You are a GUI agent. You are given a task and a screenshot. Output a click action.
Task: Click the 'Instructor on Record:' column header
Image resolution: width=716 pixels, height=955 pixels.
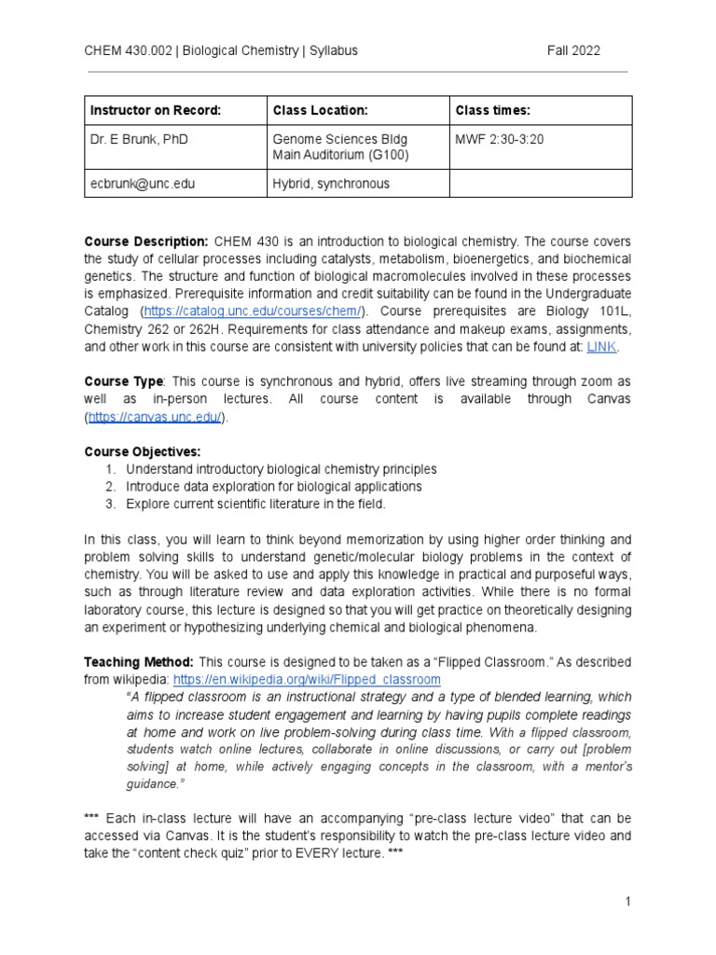(x=156, y=111)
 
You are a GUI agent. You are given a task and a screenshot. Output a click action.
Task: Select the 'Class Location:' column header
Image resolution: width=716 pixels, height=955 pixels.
(x=320, y=111)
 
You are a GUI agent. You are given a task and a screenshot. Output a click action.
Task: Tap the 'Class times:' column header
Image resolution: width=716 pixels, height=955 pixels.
(x=493, y=111)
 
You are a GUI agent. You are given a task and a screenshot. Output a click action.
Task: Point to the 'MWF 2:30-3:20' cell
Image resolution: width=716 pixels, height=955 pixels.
(x=500, y=139)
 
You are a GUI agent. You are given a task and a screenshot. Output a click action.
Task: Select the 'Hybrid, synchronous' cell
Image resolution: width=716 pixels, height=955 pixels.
(x=331, y=184)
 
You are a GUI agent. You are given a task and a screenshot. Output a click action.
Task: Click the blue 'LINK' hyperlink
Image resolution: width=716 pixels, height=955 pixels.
(x=601, y=347)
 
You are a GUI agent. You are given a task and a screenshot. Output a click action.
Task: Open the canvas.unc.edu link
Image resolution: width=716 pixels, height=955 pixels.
(x=156, y=417)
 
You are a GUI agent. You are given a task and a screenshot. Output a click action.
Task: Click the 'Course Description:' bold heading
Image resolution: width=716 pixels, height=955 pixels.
(x=146, y=242)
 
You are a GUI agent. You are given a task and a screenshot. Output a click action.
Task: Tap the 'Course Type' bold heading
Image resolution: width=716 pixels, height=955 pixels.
(x=124, y=381)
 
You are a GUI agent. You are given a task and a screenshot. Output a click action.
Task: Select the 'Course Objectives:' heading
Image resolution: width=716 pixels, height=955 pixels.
(x=143, y=452)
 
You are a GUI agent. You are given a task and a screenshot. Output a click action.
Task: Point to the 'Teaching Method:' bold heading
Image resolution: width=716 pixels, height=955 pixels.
(x=139, y=662)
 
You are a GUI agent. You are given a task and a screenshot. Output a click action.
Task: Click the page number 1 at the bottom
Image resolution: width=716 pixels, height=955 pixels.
(x=628, y=902)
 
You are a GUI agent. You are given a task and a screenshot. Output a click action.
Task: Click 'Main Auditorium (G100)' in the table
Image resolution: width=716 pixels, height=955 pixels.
(x=340, y=154)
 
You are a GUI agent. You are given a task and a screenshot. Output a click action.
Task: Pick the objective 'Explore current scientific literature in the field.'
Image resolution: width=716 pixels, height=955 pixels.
(x=255, y=505)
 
